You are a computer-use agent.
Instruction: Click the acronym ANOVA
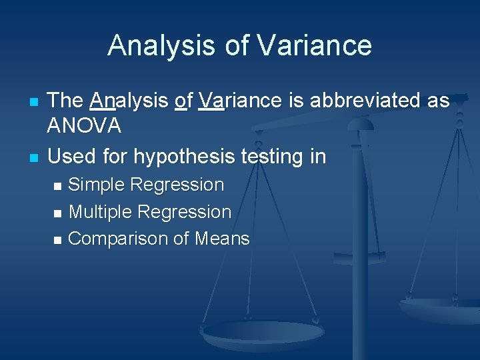pos(85,125)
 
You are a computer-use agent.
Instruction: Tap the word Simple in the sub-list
pos(98,185)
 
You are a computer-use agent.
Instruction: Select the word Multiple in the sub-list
pos(100,212)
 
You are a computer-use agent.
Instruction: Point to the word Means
pos(222,239)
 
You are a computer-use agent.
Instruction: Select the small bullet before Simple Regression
pos(58,186)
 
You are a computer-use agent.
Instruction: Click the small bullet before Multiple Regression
pos(58,213)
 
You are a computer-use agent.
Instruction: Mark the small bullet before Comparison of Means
pos(58,240)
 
